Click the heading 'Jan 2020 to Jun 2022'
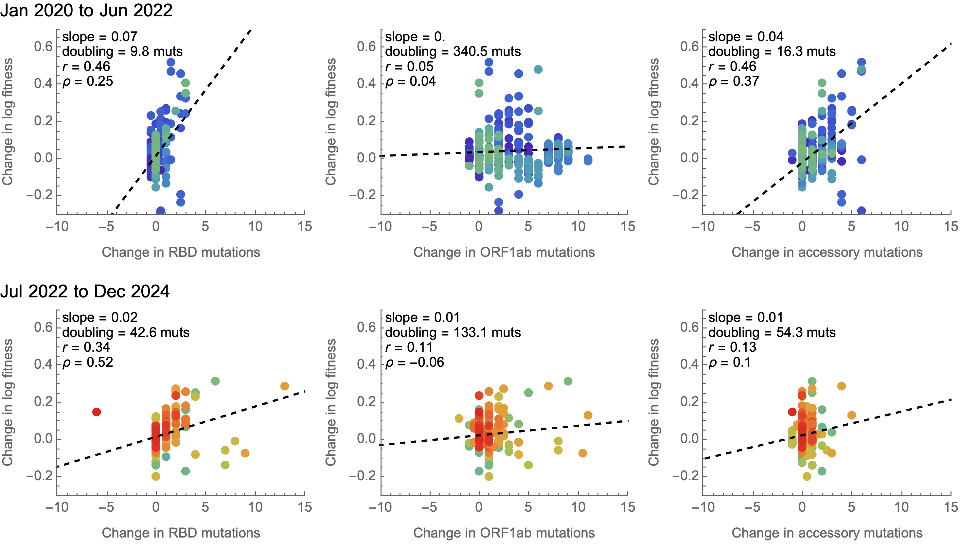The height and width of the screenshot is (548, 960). pos(86,10)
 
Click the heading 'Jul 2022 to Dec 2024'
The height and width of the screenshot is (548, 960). pos(85,291)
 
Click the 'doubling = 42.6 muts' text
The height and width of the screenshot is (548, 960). pos(126,332)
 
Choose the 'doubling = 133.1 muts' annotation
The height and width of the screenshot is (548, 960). pos(453,332)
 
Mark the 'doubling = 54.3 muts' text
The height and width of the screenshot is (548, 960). pos(772,332)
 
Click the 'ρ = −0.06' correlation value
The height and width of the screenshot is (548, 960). pos(415,362)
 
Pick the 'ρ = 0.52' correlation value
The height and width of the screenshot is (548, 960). pos(88,362)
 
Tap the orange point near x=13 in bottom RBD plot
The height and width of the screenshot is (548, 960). pos(285,386)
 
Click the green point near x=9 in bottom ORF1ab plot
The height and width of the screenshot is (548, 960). pos(568,381)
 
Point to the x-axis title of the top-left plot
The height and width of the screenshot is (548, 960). pos(181,252)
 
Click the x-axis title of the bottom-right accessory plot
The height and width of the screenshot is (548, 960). pos(827,533)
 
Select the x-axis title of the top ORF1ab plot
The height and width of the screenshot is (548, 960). pos(504,252)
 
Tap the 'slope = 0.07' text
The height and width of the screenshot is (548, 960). pos(100,37)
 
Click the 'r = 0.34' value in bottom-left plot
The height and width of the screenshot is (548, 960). pos(86,347)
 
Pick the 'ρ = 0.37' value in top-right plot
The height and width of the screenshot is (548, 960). pos(734,81)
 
